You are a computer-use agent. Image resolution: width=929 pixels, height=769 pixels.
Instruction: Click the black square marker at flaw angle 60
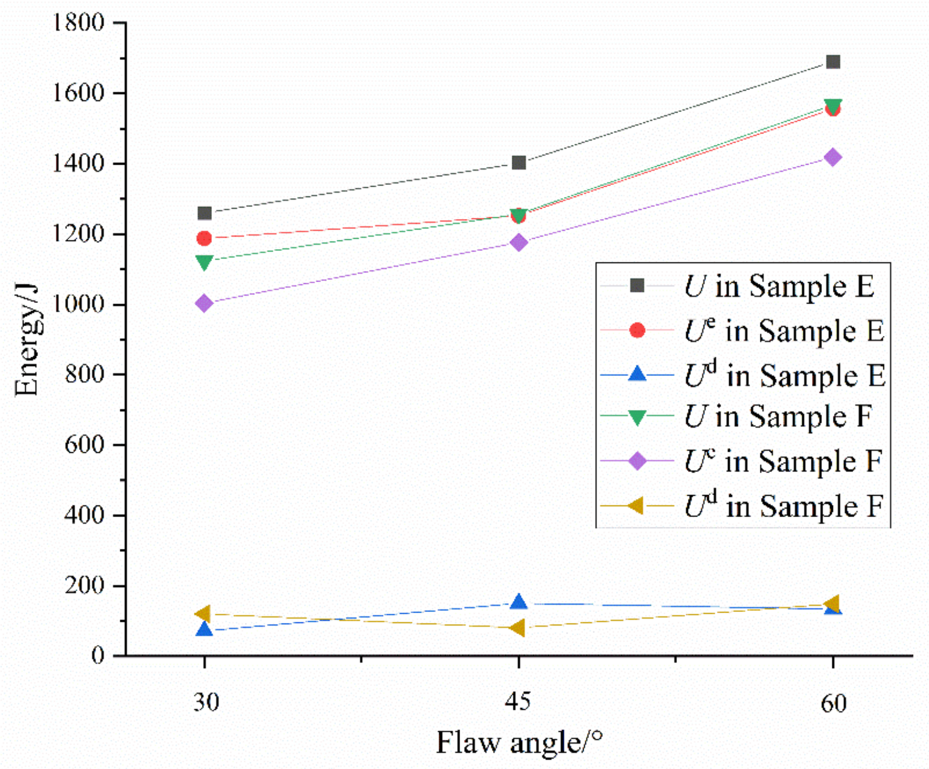point(833,61)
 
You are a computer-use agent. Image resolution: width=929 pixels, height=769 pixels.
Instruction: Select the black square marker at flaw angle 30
point(204,213)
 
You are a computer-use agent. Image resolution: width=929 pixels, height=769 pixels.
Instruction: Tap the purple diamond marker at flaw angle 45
point(519,243)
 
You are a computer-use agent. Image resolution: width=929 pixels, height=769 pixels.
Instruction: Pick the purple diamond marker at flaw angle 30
point(204,303)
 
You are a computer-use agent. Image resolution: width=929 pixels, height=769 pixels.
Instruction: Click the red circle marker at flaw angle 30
point(204,238)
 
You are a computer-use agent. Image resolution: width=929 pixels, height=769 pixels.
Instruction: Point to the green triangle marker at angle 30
point(204,262)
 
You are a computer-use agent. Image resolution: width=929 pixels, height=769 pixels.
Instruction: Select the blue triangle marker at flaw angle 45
point(519,602)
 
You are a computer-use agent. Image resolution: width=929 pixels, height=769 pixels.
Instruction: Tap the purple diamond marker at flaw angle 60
point(833,158)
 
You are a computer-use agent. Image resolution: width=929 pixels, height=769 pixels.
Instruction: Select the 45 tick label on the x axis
point(519,701)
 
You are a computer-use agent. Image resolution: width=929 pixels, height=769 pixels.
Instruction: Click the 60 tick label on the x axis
point(833,703)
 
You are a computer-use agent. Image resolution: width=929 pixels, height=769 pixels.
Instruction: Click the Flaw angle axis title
point(519,743)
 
